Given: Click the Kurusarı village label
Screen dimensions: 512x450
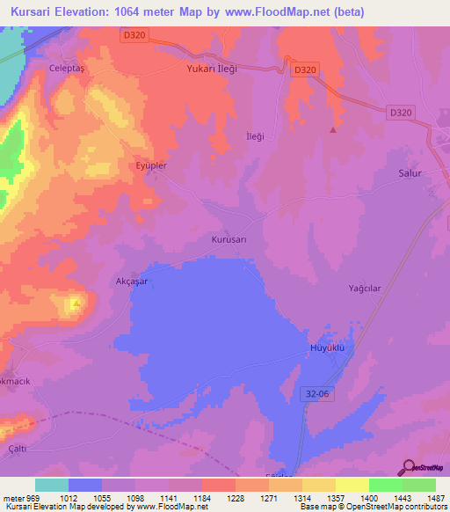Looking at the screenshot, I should [232, 238].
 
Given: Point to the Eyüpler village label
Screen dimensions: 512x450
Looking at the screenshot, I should [147, 165].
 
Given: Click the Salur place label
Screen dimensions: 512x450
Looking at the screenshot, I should [410, 173].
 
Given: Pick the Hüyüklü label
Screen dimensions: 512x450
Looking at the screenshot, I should [330, 347].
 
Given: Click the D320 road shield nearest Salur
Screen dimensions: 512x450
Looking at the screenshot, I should [400, 112].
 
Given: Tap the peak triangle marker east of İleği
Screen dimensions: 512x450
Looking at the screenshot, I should [332, 130].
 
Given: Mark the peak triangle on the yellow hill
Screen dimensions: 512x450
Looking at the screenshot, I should [76, 304].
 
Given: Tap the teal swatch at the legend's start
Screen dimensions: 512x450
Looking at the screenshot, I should [51, 485].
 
